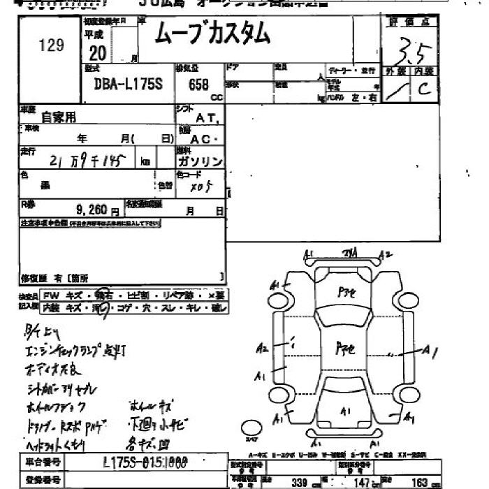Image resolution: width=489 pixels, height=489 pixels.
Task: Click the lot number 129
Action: point(52,45)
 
